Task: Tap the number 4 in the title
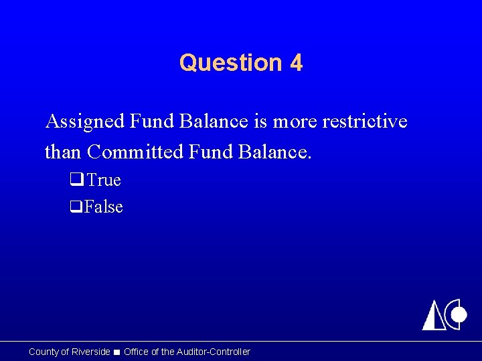(296, 63)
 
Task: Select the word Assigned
(84, 122)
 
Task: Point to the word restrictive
(365, 121)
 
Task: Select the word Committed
(136, 152)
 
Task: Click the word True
(104, 180)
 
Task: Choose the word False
(104, 207)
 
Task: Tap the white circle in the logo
(459, 314)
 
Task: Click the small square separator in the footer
(116, 352)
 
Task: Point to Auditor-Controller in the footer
(214, 352)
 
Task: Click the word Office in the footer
(137, 352)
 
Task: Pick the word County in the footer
(44, 352)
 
